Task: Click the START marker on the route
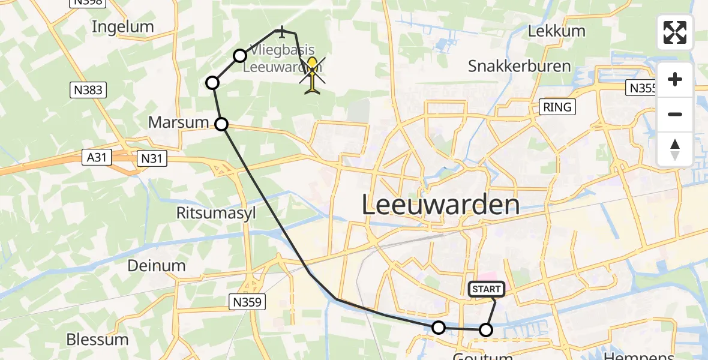[486, 290]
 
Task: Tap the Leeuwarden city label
[441, 205]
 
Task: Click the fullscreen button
[675, 32]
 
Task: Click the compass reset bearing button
[675, 149]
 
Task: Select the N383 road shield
[87, 90]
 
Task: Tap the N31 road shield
[152, 158]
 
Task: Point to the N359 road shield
[247, 302]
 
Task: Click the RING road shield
[558, 107]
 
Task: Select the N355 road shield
[642, 88]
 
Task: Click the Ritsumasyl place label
[208, 213]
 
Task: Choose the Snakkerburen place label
[519, 65]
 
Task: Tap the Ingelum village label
[122, 26]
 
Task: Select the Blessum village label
[97, 340]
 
